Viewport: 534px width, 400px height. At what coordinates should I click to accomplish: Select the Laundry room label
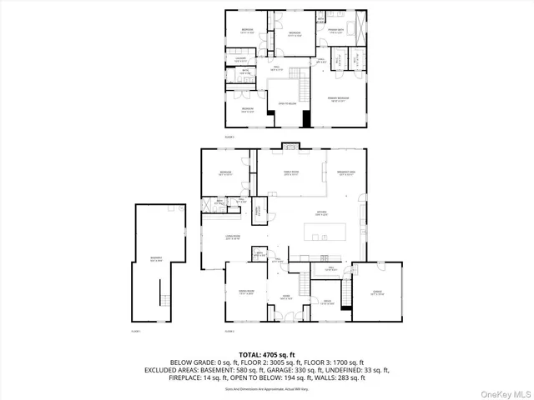(240, 59)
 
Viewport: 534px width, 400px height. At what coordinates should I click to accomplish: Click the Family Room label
(290, 172)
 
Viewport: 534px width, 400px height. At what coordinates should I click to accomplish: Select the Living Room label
(233, 238)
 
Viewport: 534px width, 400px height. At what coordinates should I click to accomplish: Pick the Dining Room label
(246, 292)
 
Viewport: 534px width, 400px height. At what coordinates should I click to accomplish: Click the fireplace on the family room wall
(290, 151)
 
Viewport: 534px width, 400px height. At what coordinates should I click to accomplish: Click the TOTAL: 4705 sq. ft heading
(267, 355)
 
